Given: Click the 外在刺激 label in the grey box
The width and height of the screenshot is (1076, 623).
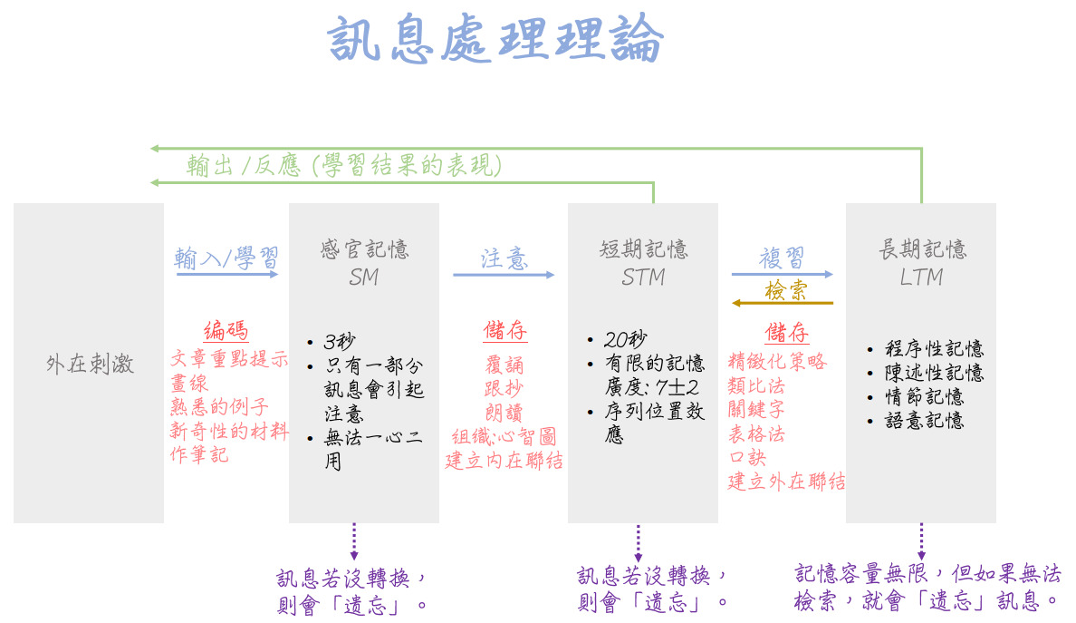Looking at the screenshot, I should pos(89,365).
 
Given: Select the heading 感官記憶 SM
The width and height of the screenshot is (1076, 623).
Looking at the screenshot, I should pos(364,262).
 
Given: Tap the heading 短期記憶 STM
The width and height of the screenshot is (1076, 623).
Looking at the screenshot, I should pos(643,262).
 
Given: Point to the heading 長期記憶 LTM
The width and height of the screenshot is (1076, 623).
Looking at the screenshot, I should pos(922,262).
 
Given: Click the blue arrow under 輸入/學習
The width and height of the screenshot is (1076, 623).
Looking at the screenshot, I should pos(226,274).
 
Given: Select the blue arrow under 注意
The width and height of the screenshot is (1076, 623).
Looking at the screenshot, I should pos(504,274).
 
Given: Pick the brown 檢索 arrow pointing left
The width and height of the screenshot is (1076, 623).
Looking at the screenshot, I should pos(783,303).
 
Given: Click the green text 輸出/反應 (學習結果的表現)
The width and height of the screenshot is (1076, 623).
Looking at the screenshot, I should pos(344,165).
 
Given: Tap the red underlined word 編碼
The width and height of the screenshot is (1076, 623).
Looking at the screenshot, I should pos(226,331).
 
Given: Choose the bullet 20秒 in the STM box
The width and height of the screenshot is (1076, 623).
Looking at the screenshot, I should pos(625,340).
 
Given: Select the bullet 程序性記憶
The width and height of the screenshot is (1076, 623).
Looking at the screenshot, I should pos(934,349).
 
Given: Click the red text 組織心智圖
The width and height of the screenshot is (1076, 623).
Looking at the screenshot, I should pos(504,437).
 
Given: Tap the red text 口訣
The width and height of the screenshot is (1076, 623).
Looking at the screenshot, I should pos(747,458).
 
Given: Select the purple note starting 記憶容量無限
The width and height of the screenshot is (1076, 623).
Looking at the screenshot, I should pos(927,587).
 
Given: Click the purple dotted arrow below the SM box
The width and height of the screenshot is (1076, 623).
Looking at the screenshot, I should pos(354,541).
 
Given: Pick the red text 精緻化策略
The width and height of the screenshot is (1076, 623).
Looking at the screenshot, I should pos(777,362).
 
